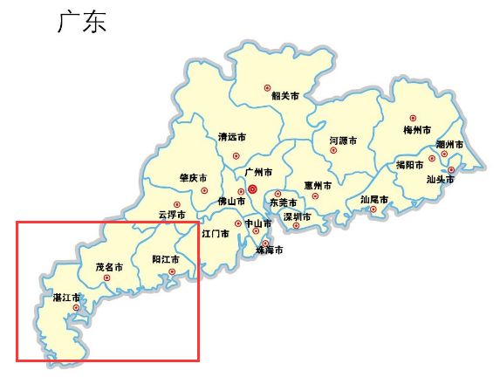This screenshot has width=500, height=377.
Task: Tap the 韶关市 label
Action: click(x=285, y=96)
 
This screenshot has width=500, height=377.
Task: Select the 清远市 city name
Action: click(x=231, y=137)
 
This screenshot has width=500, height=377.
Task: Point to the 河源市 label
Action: click(x=343, y=140)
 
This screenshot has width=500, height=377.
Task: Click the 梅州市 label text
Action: click(x=418, y=130)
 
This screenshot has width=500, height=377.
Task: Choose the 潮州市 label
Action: click(x=449, y=144)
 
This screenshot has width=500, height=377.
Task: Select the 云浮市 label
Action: click(x=172, y=214)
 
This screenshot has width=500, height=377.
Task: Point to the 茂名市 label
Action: click(x=109, y=265)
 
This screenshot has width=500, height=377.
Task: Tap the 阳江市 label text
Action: click(x=166, y=259)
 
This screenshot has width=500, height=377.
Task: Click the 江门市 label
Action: click(x=215, y=234)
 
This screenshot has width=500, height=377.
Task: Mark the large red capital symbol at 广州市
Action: click(x=252, y=188)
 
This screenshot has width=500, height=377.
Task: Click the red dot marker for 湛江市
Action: click(x=77, y=307)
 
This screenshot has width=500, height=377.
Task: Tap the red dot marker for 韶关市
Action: click(x=269, y=86)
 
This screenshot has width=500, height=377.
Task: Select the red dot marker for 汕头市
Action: click(x=451, y=169)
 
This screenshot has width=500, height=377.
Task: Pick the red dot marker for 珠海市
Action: click(x=256, y=231)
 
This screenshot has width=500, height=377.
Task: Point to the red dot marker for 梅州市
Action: click(x=414, y=118)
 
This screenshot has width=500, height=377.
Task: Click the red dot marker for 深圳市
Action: click(x=298, y=225)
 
